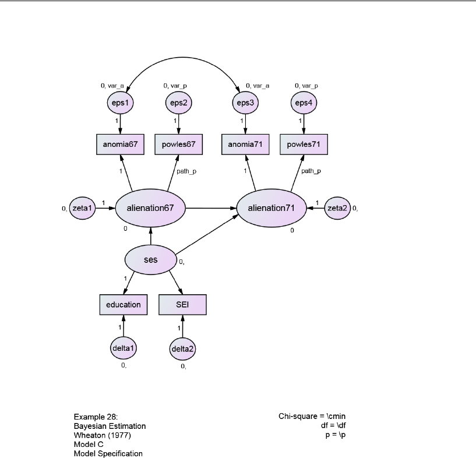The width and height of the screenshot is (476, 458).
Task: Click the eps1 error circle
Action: tap(120, 103)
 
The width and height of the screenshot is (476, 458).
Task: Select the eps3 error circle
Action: tap(245, 103)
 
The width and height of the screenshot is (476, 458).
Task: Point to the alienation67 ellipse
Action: tap(150, 207)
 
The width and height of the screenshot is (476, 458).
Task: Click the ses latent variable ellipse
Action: tap(150, 259)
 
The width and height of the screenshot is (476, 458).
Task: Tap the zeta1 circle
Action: tap(82, 207)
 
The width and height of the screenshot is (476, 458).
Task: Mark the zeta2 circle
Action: tap(337, 207)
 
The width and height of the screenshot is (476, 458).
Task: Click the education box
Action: tap(124, 304)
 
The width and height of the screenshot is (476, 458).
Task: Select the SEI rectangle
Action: tap(182, 304)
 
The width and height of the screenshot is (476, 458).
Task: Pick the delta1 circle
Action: tap(124, 348)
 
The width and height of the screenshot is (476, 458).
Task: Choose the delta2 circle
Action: tap(182, 348)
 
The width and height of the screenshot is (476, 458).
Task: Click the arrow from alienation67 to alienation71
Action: tap(211, 207)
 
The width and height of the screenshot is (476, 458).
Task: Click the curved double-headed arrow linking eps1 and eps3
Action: tap(182, 57)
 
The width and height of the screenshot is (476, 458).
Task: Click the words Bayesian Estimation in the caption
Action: tap(110, 426)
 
